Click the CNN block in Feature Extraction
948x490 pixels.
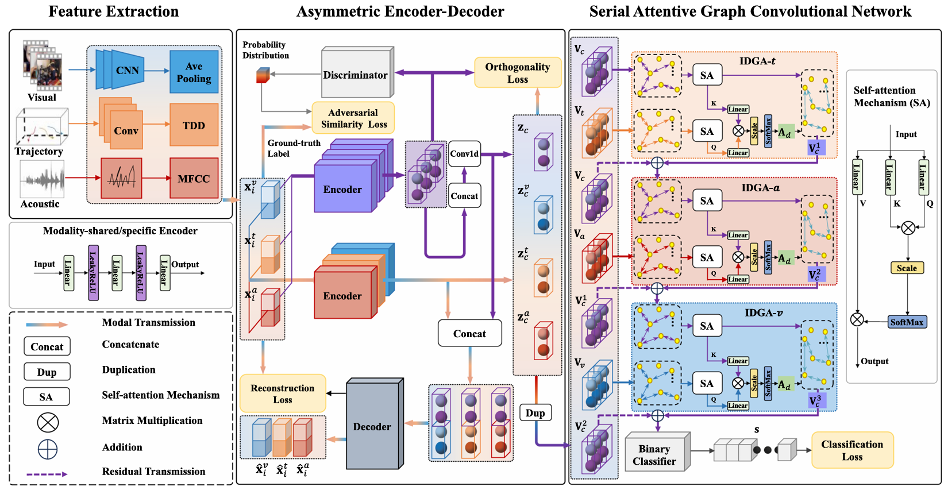(x=120, y=70)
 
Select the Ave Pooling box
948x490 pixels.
(x=194, y=72)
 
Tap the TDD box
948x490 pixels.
(x=194, y=125)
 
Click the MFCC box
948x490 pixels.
(x=194, y=178)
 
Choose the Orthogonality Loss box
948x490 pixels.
(x=518, y=72)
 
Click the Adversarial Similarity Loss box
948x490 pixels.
(x=353, y=118)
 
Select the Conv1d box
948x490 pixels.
(x=464, y=153)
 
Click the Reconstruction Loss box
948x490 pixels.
(x=283, y=393)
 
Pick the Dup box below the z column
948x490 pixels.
(x=535, y=412)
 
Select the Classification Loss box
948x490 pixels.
(x=853, y=450)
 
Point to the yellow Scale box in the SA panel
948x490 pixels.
(x=907, y=268)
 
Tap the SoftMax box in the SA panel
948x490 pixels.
(x=907, y=322)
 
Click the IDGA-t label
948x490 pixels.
(x=758, y=61)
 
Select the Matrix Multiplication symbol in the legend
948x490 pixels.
(x=48, y=422)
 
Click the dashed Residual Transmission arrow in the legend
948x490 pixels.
(x=47, y=474)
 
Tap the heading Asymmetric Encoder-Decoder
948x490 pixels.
(x=400, y=11)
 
